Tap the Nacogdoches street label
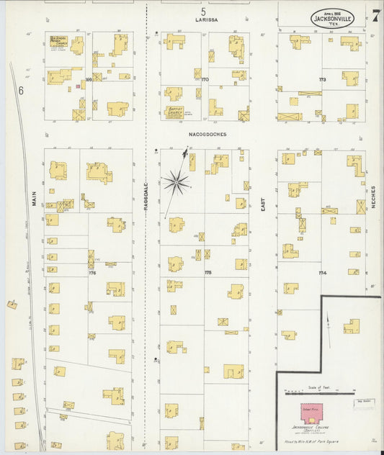pos(205,134)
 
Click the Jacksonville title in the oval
pos(332,17)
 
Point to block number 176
pos(92,273)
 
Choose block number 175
pos(208,273)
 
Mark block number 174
pos(321,273)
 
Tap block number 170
pos(204,78)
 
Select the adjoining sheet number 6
pos(22,90)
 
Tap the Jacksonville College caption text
pos(311,428)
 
